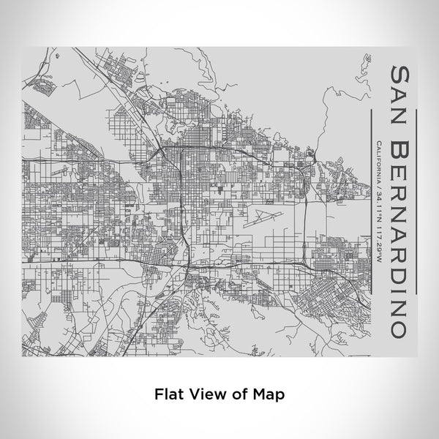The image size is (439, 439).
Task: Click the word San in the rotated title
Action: coord(401,91)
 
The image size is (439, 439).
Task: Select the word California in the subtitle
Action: coord(376,162)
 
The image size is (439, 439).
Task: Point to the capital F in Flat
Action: coord(158,393)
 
